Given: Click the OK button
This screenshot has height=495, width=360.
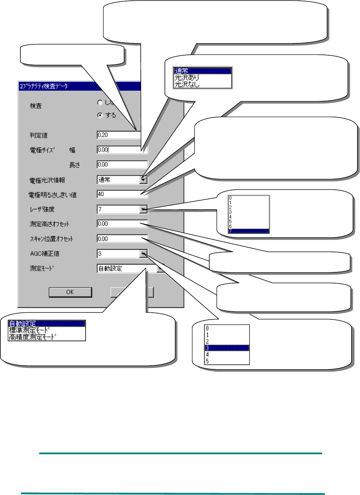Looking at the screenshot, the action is (70, 292).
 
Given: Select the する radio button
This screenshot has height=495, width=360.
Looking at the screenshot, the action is (100, 115).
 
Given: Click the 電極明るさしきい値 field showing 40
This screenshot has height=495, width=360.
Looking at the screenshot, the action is (119, 194).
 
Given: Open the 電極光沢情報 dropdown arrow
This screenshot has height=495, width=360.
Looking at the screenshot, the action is (144, 180).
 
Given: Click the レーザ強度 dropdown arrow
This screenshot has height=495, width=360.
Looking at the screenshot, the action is (144, 209).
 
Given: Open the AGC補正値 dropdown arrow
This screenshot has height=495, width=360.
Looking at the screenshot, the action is (143, 254).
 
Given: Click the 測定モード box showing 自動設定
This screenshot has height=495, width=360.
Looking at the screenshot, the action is (122, 269).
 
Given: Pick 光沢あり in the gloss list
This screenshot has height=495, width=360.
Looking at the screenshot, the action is (187, 77).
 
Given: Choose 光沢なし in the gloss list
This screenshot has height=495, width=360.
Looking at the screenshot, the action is (187, 84).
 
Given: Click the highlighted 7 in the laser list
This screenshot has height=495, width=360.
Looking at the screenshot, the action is (248, 231).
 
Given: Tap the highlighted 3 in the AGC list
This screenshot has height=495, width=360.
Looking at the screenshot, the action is (227, 348).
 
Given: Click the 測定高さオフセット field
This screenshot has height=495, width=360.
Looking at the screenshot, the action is (119, 224).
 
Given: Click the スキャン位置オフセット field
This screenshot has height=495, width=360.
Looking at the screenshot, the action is (119, 239).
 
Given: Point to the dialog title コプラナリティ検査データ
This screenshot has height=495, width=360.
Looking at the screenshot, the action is (43, 86).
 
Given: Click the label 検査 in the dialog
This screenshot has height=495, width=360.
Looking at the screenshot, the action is (36, 106).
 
